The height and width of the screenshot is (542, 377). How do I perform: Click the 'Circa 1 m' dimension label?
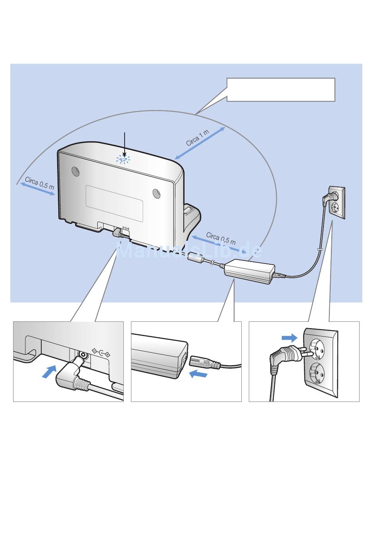pos(198,137)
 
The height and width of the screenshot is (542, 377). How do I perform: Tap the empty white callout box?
pos(281,90)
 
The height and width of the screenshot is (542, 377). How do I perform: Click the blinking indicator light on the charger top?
pos(123,160)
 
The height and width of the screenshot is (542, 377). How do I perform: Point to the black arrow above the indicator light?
pos(125,145)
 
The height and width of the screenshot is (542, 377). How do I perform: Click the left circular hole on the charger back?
pos(75,171)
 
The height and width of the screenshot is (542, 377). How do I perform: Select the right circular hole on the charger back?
pos(157,193)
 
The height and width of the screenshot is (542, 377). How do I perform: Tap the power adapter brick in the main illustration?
pos(249,271)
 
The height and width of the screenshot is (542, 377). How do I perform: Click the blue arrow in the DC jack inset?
pos(49,372)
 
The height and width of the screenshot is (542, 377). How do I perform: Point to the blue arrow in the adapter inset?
pos(198,374)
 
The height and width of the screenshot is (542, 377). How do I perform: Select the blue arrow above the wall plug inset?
pos(289,338)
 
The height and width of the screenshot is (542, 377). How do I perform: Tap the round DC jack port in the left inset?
pos(83,356)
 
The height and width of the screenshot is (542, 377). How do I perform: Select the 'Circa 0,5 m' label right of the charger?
pos(221,238)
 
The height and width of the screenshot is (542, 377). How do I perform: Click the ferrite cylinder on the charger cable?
pos(196,257)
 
